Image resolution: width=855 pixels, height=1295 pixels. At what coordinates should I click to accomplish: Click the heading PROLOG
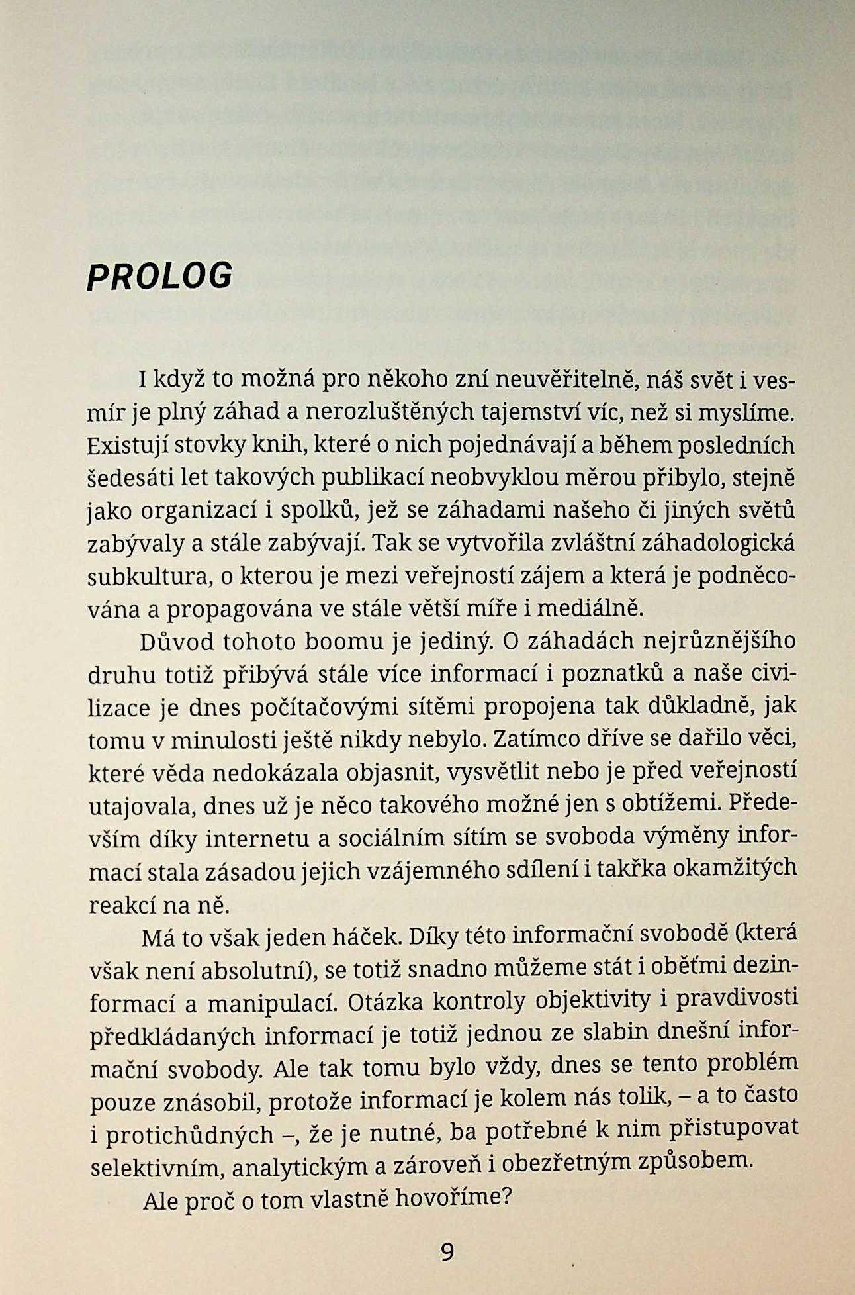159,275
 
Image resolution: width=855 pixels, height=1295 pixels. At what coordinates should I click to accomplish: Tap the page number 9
447,1252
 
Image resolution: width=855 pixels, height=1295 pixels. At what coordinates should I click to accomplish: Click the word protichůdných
189,1135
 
